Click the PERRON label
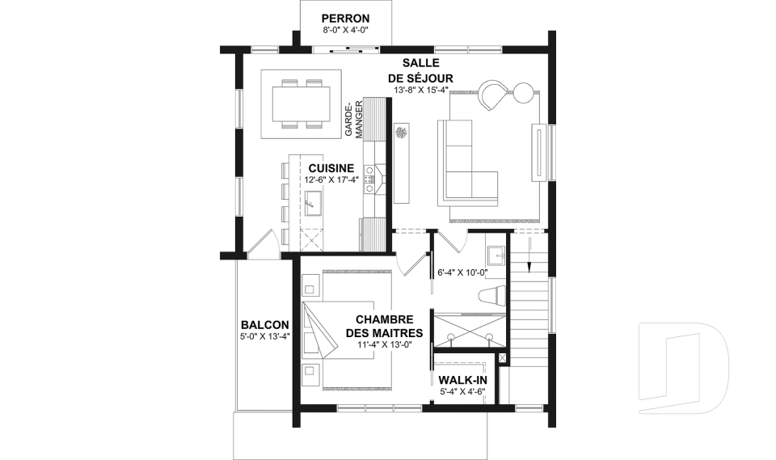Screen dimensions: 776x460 click(x=345, y=19)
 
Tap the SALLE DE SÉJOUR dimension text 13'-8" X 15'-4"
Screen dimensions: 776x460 click(x=420, y=90)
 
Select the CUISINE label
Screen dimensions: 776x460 click(x=331, y=168)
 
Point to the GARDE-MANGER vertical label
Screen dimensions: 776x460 click(x=354, y=119)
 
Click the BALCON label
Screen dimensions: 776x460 click(x=265, y=325)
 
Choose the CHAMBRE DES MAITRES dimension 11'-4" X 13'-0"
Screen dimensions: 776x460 click(x=385, y=345)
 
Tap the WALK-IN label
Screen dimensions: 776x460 click(x=462, y=380)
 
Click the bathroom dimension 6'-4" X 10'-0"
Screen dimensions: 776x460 click(x=462, y=272)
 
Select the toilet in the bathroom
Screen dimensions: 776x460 click(x=493, y=296)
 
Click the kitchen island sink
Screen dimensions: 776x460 click(x=314, y=203)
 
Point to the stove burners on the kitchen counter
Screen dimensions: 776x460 click(x=369, y=179)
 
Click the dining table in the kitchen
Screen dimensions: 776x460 click(x=301, y=104)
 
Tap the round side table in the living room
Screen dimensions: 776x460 click(x=524, y=93)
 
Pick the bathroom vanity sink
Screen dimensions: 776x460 click(x=496, y=256)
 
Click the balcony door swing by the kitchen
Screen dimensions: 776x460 click(x=264, y=243)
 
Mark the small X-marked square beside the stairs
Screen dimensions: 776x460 click(x=503, y=358)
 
